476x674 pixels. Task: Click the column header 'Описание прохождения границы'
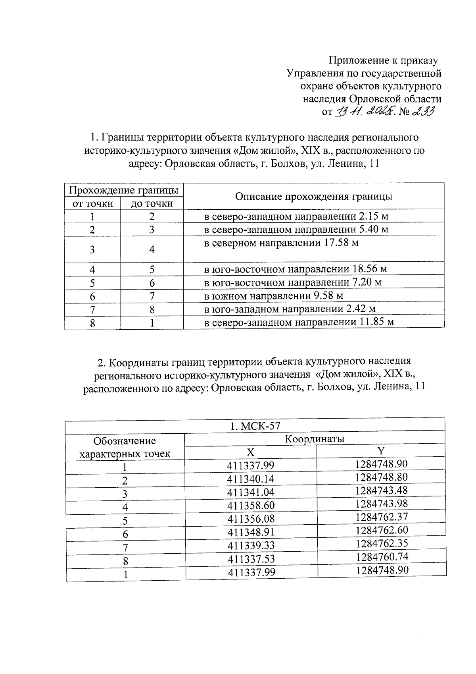313,197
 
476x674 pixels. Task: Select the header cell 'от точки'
92,204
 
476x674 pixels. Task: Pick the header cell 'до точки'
152,204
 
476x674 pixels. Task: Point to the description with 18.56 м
295,269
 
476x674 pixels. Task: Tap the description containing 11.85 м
299,322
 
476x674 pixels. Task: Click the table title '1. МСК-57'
255,426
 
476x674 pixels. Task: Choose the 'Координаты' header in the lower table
314,439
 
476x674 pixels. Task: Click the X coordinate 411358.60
251,505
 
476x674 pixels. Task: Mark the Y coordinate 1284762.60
382,530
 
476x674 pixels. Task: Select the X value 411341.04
251,492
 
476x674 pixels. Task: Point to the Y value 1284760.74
382,557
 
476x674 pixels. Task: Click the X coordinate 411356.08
251,519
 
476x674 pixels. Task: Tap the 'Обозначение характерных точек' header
125,447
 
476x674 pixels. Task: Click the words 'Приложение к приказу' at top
383,60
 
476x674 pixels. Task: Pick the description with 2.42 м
290,309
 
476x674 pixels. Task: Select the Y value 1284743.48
382,490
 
